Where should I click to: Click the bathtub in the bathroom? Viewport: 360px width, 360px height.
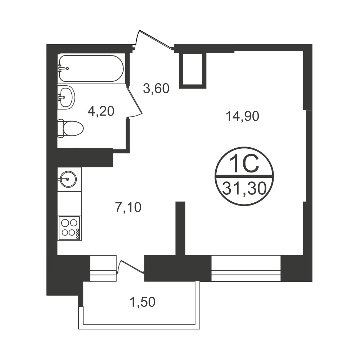[x=91, y=68]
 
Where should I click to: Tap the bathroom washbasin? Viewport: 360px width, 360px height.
[x=66, y=97]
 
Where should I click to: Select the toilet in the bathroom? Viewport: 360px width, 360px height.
[x=70, y=129]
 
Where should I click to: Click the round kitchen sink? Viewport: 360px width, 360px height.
[x=68, y=179]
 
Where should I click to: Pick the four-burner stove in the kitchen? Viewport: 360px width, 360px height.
[x=69, y=228]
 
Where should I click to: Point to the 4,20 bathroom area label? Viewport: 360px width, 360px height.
[x=101, y=112]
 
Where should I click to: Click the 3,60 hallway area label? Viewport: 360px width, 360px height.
[x=156, y=89]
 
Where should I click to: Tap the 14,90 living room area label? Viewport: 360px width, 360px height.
[x=242, y=116]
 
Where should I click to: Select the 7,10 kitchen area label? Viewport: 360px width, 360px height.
[x=128, y=208]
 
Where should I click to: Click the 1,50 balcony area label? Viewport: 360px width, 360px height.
[x=142, y=302]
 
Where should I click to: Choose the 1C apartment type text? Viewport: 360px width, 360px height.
[x=244, y=163]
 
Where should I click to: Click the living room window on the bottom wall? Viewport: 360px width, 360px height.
[x=246, y=268]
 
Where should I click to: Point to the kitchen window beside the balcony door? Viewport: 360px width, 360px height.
[x=103, y=268]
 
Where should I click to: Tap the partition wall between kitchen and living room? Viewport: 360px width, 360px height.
[x=180, y=228]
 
